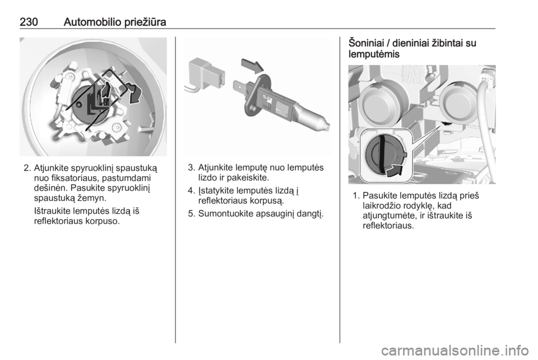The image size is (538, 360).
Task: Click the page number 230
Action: click(29, 22)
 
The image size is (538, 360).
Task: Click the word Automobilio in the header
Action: click(92, 22)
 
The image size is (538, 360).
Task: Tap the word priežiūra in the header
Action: click(145, 22)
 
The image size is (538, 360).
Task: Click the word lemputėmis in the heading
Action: click(374, 54)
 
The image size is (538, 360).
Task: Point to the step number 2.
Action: click(27, 168)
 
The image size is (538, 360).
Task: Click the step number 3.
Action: click(192, 168)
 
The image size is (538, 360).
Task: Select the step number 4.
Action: click(192, 191)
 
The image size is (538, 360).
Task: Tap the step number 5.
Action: click(192, 214)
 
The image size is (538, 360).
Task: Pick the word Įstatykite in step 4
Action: click(216, 191)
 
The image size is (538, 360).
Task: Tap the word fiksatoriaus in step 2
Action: click(73, 178)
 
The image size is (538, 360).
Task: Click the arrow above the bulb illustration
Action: click(253, 65)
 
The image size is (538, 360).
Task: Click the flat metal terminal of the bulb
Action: click(242, 87)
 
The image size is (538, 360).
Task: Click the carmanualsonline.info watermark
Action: click(455, 350)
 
